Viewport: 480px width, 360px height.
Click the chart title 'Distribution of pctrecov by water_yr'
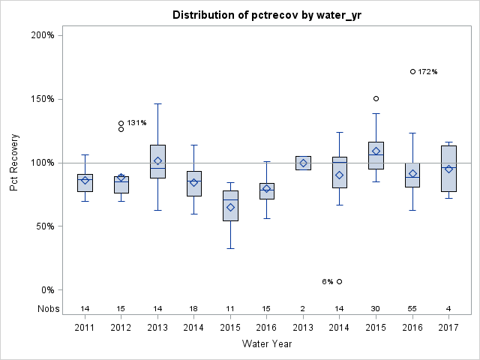point(267,15)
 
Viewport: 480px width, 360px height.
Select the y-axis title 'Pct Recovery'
point(15,162)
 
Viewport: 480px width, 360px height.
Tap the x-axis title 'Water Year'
point(267,343)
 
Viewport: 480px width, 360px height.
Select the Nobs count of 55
point(412,308)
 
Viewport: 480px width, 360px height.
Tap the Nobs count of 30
point(376,308)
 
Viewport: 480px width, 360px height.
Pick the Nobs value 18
point(194,308)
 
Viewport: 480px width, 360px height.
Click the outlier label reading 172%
point(427,72)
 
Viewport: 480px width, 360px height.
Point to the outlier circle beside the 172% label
point(413,72)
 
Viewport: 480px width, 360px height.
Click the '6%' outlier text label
point(328,282)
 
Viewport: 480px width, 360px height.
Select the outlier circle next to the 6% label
point(340,282)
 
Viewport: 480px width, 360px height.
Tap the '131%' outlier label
point(136,123)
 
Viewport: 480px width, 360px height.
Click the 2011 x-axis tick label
point(85,328)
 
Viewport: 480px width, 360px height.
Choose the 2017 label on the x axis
point(448,328)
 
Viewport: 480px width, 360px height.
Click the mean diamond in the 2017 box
point(448,169)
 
